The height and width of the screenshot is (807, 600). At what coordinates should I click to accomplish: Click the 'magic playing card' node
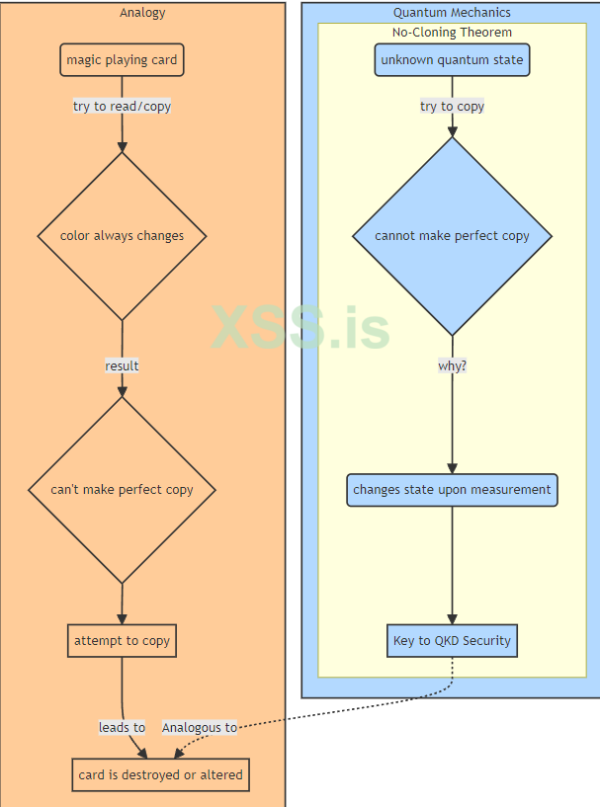(x=122, y=60)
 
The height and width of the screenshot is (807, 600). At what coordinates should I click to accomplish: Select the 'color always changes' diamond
(x=122, y=236)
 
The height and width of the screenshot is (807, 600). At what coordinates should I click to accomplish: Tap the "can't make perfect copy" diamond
(x=122, y=490)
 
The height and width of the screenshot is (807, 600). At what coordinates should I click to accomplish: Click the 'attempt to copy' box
(x=122, y=641)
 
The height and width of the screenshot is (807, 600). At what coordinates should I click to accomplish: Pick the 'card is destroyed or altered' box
(x=160, y=775)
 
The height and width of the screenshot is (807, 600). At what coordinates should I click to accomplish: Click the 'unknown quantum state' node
(x=452, y=60)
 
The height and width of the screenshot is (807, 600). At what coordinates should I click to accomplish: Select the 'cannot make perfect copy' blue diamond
(x=452, y=236)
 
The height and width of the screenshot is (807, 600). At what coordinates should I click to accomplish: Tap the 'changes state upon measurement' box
(x=452, y=490)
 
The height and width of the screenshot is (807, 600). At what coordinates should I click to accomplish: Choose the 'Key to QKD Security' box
(x=452, y=641)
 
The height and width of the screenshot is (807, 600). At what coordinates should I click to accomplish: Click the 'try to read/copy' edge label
(x=122, y=107)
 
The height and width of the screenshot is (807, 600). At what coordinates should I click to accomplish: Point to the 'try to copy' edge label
(x=452, y=107)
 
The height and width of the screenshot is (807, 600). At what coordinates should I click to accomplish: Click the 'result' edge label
(x=122, y=366)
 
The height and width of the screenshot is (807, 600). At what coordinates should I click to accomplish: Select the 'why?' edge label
(x=452, y=366)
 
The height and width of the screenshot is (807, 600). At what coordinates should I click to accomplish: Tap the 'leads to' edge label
(x=122, y=728)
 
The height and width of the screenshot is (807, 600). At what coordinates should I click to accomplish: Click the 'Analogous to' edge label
(x=199, y=728)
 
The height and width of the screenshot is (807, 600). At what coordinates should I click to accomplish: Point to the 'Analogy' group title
(x=142, y=13)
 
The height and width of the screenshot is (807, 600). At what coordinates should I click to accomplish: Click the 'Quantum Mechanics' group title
(x=452, y=13)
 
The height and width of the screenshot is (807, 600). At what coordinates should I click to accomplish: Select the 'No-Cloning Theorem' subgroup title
(x=452, y=33)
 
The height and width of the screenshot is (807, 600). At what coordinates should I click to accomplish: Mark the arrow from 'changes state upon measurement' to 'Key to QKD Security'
(x=452, y=565)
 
